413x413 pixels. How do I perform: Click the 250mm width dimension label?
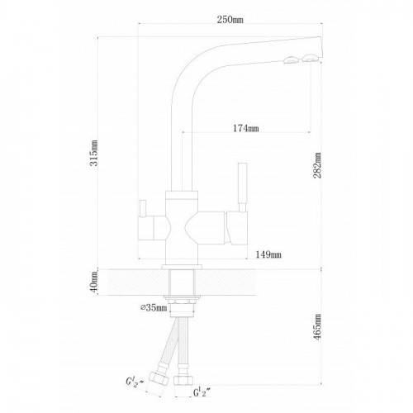(230, 20)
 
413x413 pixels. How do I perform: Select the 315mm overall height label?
(94, 153)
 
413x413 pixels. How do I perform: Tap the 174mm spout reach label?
(246, 128)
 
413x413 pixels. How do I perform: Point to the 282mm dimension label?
(317, 165)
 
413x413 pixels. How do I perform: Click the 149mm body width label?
(268, 254)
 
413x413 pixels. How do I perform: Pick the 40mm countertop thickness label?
(94, 282)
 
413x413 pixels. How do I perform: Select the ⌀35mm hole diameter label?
(154, 307)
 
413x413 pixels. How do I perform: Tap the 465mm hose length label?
(317, 327)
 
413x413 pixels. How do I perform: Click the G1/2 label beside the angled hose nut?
(135, 382)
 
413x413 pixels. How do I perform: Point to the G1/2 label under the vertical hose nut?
(202, 392)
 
